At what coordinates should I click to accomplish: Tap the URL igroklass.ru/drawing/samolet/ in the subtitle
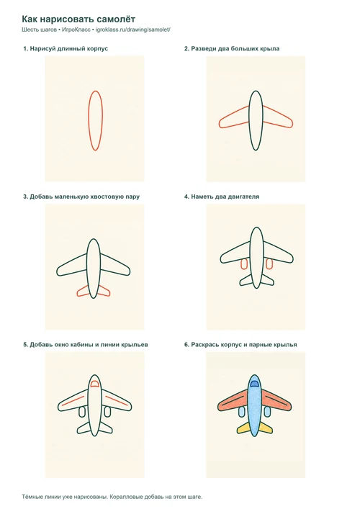click(x=133, y=30)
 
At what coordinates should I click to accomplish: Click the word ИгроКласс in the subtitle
click(x=76, y=30)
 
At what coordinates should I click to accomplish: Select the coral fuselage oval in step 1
click(x=96, y=120)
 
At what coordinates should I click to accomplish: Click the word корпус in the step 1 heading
click(x=98, y=49)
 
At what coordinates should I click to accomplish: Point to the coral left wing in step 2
click(x=234, y=117)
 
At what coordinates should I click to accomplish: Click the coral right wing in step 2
click(x=278, y=117)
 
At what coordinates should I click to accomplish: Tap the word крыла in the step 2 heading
click(x=270, y=49)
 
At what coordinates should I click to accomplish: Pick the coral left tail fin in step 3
click(x=83, y=291)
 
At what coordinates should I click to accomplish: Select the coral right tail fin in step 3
click(x=104, y=291)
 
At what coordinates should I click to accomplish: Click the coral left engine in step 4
click(x=244, y=263)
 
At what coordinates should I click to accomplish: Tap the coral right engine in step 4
click(x=269, y=263)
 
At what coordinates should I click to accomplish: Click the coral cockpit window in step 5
click(x=94, y=384)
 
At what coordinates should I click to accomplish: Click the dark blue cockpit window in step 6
click(x=254, y=384)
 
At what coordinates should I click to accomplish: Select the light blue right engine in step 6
click(x=267, y=412)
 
